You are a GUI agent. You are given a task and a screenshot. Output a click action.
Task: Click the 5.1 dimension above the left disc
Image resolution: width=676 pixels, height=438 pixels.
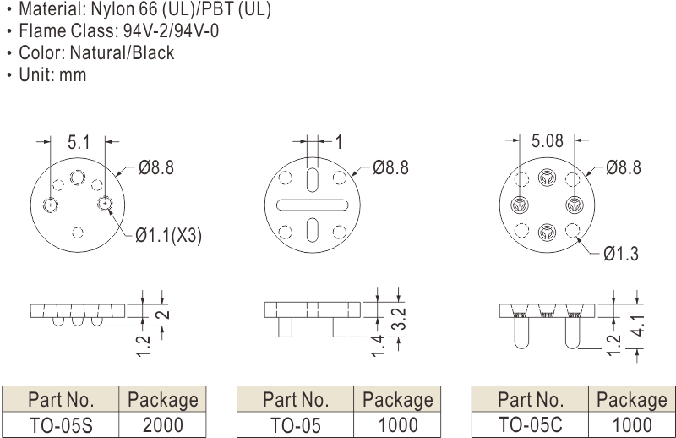[x=79, y=142]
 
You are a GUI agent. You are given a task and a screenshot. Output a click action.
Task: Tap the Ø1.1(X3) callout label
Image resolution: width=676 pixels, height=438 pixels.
[x=168, y=235]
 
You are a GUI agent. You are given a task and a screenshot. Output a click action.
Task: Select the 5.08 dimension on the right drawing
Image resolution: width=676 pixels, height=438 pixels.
[x=547, y=140]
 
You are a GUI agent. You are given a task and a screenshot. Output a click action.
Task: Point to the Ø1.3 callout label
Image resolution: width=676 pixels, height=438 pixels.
[x=621, y=254]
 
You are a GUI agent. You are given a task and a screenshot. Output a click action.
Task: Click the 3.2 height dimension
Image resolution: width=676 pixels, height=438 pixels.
[x=400, y=319]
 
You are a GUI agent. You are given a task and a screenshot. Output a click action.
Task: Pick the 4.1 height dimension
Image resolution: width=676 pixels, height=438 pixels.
[x=640, y=326]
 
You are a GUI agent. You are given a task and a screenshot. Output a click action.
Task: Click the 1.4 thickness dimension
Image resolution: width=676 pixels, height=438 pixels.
[x=378, y=346]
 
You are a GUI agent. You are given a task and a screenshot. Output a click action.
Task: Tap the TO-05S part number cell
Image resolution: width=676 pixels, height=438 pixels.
[x=61, y=425]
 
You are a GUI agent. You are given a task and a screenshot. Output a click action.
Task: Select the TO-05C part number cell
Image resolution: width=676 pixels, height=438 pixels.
[x=531, y=425]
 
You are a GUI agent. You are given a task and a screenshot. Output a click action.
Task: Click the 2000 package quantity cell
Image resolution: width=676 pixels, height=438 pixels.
[x=162, y=425]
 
